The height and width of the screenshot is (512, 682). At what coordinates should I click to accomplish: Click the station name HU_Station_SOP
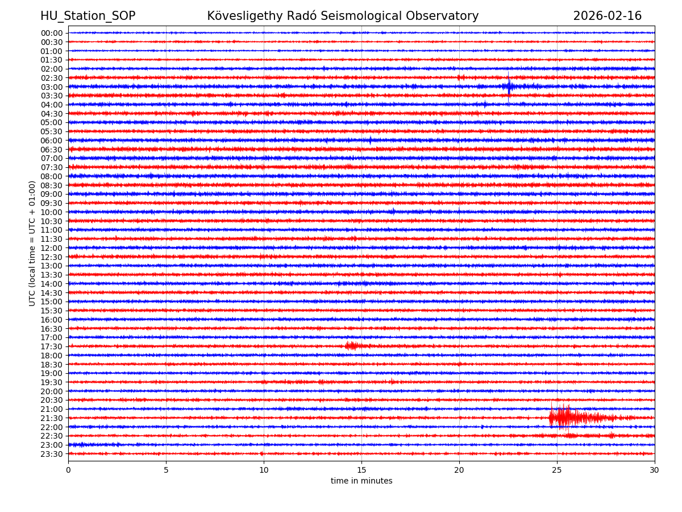click(x=88, y=16)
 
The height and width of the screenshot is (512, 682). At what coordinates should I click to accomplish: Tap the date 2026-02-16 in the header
click(x=607, y=16)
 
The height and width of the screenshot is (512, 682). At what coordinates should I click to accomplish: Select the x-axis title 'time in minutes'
click(x=361, y=481)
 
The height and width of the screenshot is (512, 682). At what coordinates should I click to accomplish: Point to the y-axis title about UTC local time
click(x=32, y=243)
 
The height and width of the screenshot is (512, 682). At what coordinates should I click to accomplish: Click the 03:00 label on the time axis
click(x=52, y=87)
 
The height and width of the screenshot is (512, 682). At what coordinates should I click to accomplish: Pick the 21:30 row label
click(x=52, y=418)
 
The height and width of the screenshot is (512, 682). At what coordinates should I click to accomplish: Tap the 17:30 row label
click(x=52, y=346)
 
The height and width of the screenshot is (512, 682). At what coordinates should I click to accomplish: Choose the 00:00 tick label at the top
click(x=52, y=33)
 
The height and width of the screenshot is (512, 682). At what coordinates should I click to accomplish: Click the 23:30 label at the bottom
click(x=52, y=454)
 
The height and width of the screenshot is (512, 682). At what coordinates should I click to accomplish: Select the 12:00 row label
click(x=52, y=248)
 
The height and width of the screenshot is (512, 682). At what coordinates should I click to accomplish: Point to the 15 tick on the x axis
click(x=361, y=470)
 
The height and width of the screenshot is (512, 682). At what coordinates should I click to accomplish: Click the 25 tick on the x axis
click(x=557, y=470)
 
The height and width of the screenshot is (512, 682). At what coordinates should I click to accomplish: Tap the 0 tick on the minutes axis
click(x=68, y=470)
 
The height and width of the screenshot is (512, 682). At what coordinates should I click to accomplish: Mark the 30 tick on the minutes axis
click(x=655, y=470)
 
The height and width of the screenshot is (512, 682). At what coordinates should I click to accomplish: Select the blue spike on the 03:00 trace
click(x=509, y=86)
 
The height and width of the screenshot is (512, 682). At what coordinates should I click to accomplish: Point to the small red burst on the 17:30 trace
click(x=351, y=346)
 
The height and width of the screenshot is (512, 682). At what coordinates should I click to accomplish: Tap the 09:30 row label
click(x=52, y=203)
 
